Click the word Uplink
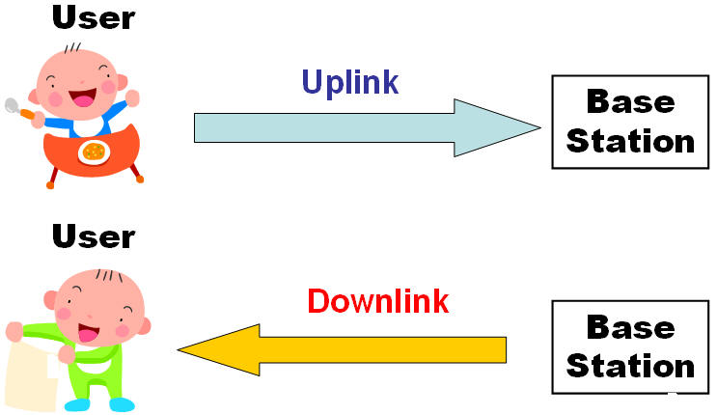350,83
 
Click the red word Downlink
378,301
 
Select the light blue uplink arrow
368,127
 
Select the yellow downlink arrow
342,350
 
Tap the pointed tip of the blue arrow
540,127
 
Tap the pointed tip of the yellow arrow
179,350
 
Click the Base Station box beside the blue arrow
630,123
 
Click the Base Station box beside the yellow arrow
630,346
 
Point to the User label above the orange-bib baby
94,17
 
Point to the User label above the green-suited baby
94,236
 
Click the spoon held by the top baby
18,109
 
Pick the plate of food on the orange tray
95,152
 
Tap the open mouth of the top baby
83,97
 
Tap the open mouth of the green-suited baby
89,333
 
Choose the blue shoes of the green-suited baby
99,404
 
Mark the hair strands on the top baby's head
72,48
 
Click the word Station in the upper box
630,141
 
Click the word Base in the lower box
630,327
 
